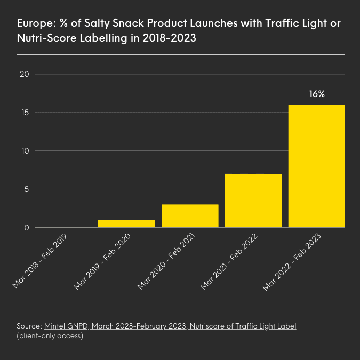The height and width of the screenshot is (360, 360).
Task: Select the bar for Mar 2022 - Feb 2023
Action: tap(316, 166)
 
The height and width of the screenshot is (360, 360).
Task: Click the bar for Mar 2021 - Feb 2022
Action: tap(253, 201)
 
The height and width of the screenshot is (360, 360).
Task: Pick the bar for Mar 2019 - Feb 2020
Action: tap(126, 223)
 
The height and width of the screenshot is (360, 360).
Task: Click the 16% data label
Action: tap(316, 94)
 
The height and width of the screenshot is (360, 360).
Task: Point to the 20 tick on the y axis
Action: tap(23, 74)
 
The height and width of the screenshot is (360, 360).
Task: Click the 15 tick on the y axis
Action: tap(23, 113)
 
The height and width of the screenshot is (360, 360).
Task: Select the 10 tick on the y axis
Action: tap(23, 151)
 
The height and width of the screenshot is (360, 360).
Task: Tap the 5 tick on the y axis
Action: tap(25, 189)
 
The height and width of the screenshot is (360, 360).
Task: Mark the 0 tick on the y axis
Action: tap(25, 228)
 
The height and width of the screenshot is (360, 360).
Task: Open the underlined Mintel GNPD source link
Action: tap(170, 325)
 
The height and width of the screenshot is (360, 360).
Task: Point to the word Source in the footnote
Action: tap(29, 325)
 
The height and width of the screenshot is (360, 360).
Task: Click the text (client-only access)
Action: tap(51, 336)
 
